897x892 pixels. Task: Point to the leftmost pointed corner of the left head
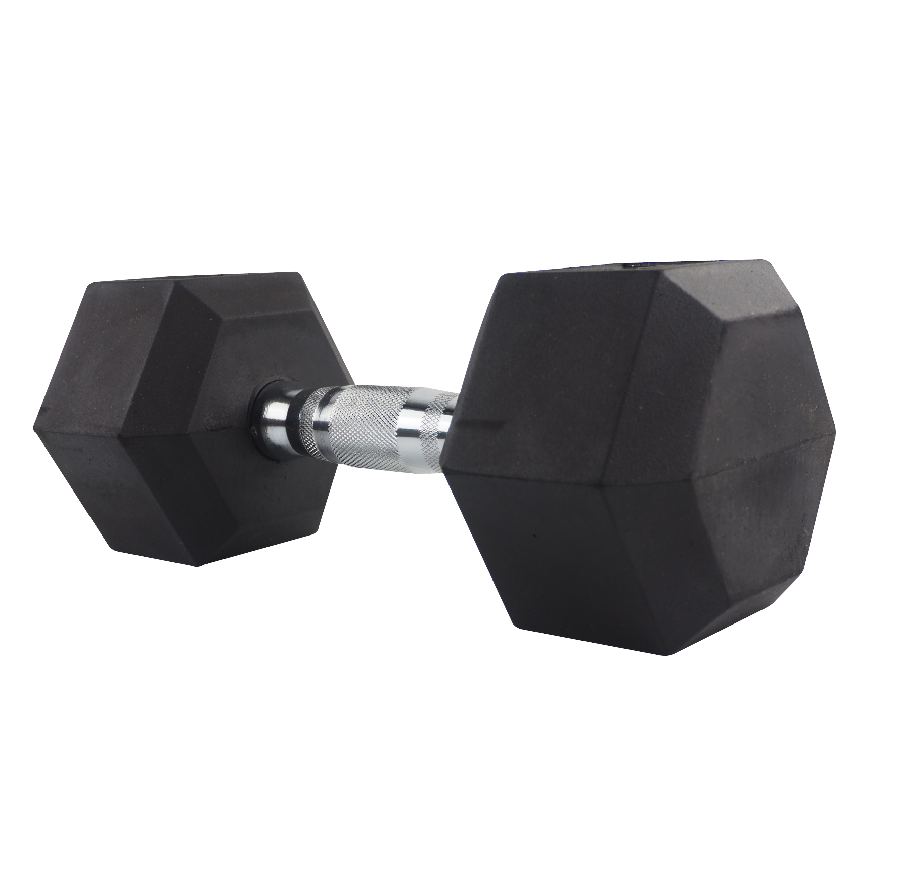[x=32, y=410]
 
